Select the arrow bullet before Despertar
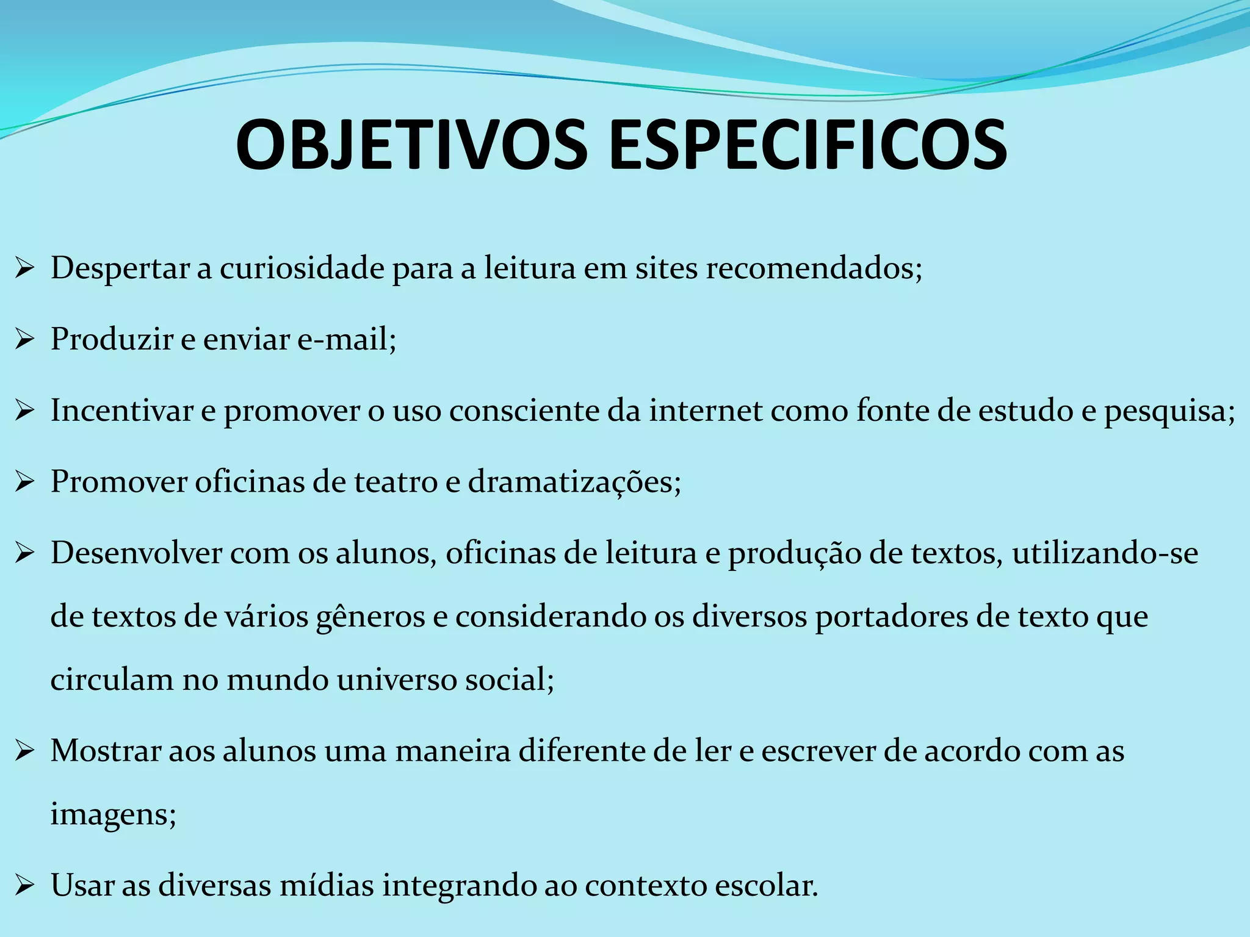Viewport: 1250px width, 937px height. (x=24, y=268)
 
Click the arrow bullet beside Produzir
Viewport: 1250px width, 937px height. (x=24, y=339)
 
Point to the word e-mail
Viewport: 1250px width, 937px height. (x=346, y=339)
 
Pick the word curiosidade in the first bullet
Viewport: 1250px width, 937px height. (x=302, y=268)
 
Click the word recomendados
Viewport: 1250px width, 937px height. (x=814, y=268)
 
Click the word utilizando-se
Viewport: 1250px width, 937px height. (x=1105, y=553)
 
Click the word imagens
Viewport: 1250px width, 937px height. (x=113, y=814)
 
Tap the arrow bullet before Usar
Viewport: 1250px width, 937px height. (x=24, y=885)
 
